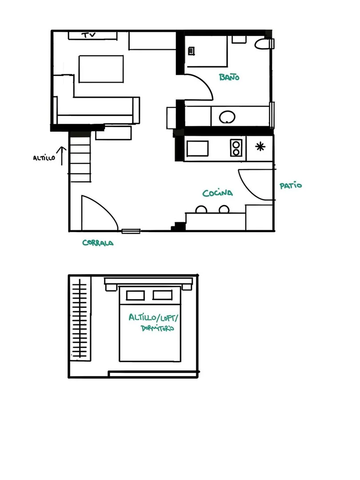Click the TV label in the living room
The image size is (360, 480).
[88, 35]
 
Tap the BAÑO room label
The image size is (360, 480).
[229, 77]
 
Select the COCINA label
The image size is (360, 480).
[218, 193]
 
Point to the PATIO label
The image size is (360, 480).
[291, 185]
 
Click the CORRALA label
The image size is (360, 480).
[98, 243]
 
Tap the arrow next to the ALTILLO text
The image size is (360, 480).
[62, 156]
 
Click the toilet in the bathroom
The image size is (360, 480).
[264, 44]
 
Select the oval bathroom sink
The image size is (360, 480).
[227, 117]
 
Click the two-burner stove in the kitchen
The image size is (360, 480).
[236, 148]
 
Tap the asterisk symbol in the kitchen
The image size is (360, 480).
[260, 147]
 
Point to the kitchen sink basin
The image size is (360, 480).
[198, 148]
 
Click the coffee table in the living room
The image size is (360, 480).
[101, 69]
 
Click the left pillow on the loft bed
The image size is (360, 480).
[135, 296]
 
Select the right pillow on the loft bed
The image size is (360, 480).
[163, 295]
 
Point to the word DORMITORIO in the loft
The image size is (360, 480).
[157, 328]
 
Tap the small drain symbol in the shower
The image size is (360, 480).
[192, 51]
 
